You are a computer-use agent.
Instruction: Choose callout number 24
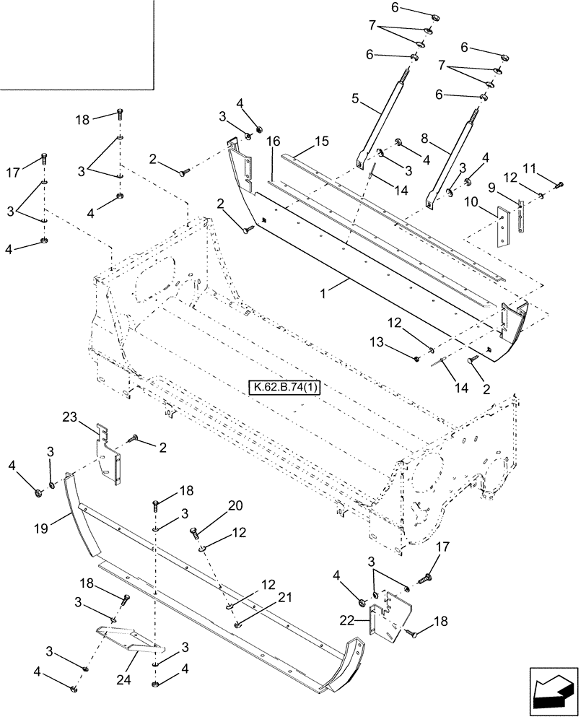pos(133,661)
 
